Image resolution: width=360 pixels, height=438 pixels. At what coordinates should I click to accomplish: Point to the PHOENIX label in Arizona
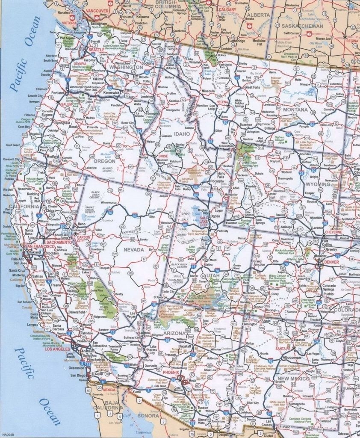pyautogui.click(x=170, y=372)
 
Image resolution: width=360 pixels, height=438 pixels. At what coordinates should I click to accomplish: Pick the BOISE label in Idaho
pyautogui.click(x=163, y=157)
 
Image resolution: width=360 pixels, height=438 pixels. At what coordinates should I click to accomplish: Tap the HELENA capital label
pyautogui.click(x=222, y=102)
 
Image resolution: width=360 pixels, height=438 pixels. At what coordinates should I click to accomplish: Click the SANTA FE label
pyautogui.click(x=283, y=349)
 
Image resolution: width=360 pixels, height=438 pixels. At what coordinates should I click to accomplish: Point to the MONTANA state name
pyautogui.click(x=295, y=110)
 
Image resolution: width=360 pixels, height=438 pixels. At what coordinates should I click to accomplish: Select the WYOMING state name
pyautogui.click(x=319, y=184)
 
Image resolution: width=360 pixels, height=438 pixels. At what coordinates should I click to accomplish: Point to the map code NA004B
pyautogui.click(x=9, y=245)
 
